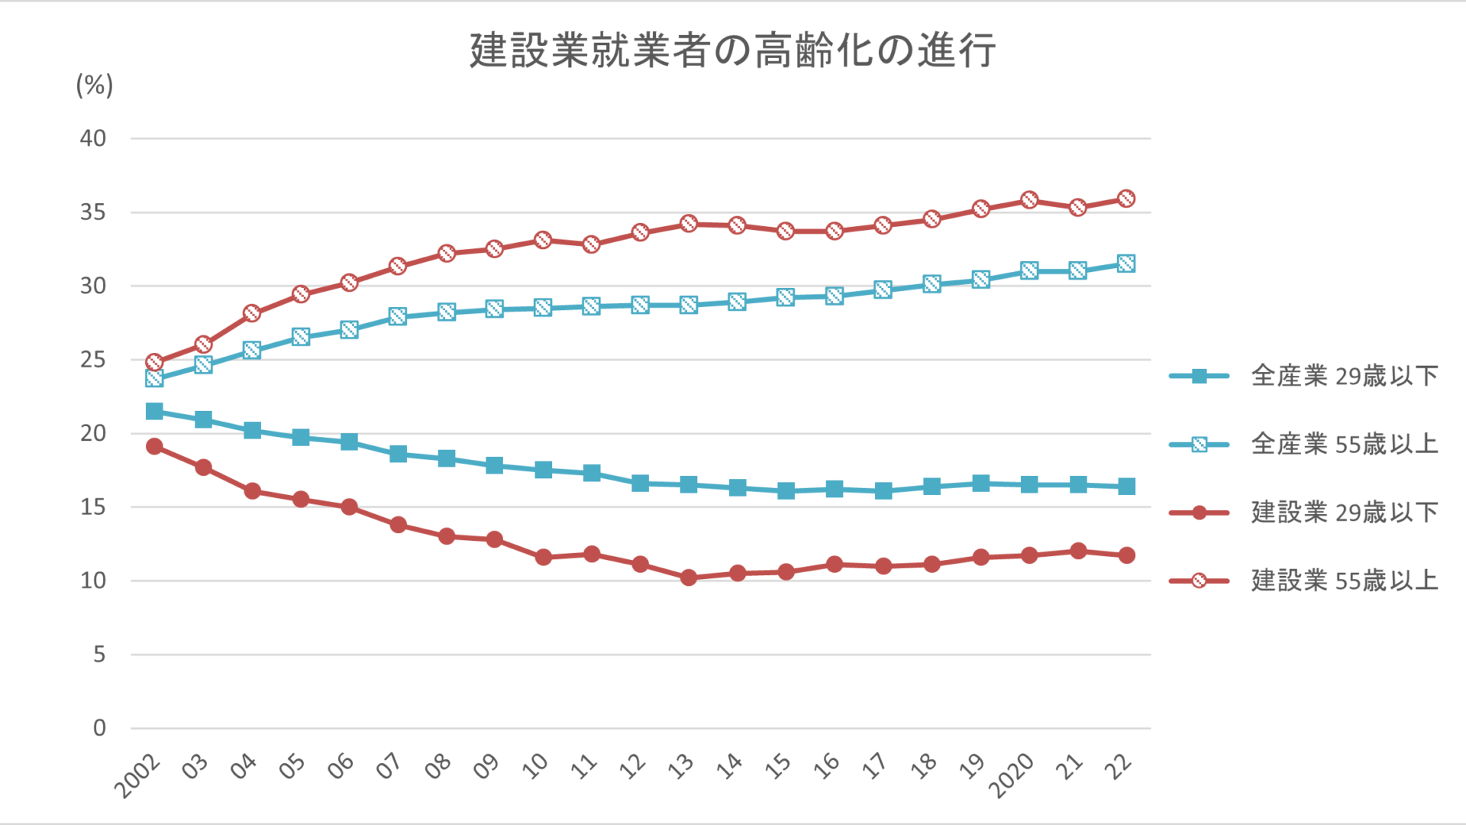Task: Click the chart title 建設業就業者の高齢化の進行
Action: pyautogui.click(x=732, y=50)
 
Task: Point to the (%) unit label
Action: pyautogui.click(x=94, y=85)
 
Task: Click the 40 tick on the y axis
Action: pyautogui.click(x=93, y=138)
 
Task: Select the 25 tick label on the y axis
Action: pyautogui.click(x=93, y=360)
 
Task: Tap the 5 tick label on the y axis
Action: pyautogui.click(x=99, y=655)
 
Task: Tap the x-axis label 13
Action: pyautogui.click(x=681, y=765)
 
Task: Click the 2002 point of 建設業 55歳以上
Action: pyautogui.click(x=154, y=362)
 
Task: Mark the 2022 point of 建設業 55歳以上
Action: pyautogui.click(x=1126, y=199)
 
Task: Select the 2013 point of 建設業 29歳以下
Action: pyautogui.click(x=689, y=577)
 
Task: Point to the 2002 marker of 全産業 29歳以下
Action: pyautogui.click(x=154, y=412)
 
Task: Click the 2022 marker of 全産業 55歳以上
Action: pyautogui.click(x=1126, y=264)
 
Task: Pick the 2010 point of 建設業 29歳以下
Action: pyautogui.click(x=543, y=557)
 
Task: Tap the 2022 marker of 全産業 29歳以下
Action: pyautogui.click(x=1126, y=487)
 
